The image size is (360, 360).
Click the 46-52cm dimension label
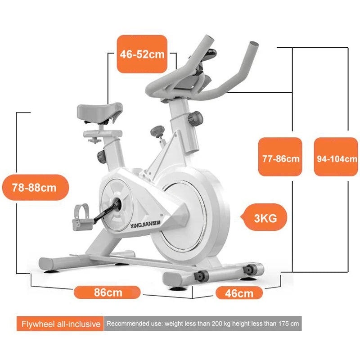(142, 54)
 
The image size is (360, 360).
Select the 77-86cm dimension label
(280, 157)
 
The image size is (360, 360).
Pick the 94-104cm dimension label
(336, 157)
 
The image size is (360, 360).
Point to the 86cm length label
(107, 292)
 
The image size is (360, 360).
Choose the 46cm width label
(239, 293)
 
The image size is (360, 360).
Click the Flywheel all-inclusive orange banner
(60, 324)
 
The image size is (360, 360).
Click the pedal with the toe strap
(81, 217)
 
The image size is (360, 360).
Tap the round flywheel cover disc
(184, 216)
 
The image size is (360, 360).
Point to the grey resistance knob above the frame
(157, 131)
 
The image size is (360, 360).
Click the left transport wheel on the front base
(201, 275)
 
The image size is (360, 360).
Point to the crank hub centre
(117, 204)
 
